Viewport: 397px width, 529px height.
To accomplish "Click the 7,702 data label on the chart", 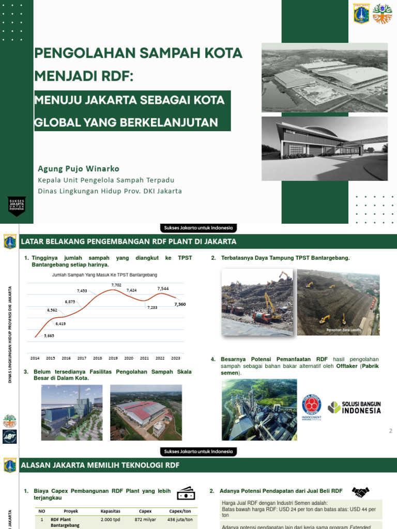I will [116, 285].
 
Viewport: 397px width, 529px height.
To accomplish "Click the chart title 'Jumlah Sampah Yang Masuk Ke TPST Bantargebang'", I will [105, 275].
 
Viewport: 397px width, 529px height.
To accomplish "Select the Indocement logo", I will [311, 406].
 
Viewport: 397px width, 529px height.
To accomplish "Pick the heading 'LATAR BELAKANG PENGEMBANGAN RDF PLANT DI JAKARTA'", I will [128, 241].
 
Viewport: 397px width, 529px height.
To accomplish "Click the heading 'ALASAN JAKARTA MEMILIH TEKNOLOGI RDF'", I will [100, 465].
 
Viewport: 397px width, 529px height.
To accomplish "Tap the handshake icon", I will [361, 492].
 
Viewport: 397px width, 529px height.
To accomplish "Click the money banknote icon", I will [186, 494].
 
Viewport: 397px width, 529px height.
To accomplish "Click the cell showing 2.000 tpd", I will [111, 519].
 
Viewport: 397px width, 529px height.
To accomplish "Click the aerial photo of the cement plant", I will [259, 409].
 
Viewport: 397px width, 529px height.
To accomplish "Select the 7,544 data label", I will [163, 288].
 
